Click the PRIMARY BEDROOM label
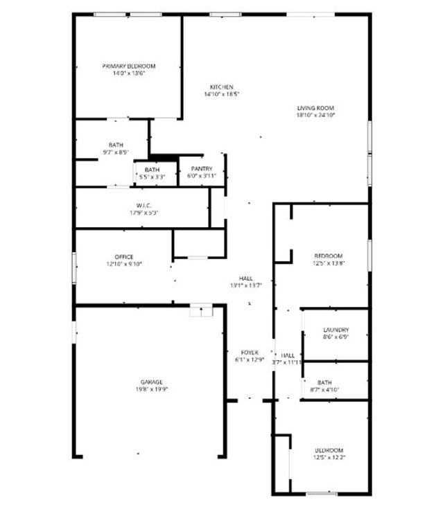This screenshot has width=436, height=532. click(x=129, y=66)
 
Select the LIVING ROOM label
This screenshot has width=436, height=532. click(x=315, y=108)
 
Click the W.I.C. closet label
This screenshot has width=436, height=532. click(x=143, y=205)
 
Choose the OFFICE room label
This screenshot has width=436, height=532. click(x=124, y=257)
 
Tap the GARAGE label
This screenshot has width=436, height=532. click(x=152, y=382)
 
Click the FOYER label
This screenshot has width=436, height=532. click(x=250, y=353)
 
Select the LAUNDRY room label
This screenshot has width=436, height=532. click(x=335, y=330)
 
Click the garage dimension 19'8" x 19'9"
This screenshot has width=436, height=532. click(x=152, y=389)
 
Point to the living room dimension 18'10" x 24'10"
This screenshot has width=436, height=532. click(x=315, y=116)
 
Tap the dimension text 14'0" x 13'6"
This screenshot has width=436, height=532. click(x=129, y=74)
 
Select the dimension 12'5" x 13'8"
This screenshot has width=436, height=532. click(x=329, y=263)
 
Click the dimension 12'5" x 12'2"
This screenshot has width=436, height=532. click(x=329, y=458)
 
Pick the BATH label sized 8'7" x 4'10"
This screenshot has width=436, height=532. click(x=324, y=382)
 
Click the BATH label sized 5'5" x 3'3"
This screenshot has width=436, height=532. click(x=152, y=170)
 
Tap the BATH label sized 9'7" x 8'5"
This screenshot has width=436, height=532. click(x=116, y=145)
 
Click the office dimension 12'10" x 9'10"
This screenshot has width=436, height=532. click(x=124, y=264)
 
